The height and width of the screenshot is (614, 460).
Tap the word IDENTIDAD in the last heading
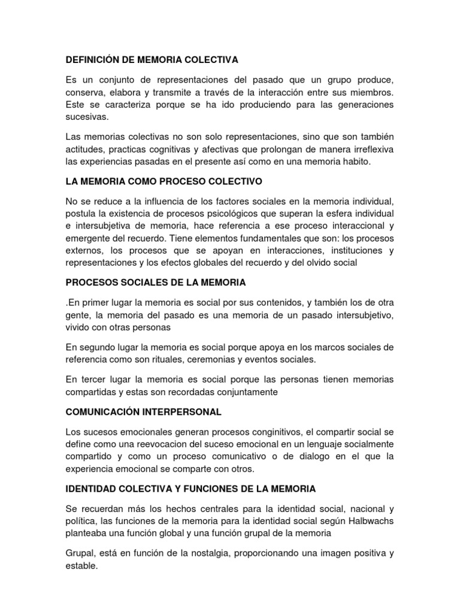click(x=90, y=489)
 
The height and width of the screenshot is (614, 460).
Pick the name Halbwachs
click(x=371, y=520)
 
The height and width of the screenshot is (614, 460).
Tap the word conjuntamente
click(x=242, y=392)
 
